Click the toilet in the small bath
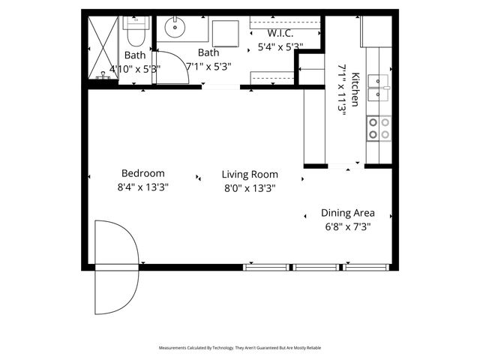pyautogui.click(x=136, y=32)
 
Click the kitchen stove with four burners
pyautogui.click(x=378, y=127)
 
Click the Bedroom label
pyautogui.click(x=142, y=173)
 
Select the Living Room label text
pyautogui.click(x=250, y=175)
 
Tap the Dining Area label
pyautogui.click(x=348, y=212)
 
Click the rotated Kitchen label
pyautogui.click(x=355, y=89)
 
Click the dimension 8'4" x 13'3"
pyautogui.click(x=142, y=188)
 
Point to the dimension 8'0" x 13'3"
pyautogui.click(x=250, y=189)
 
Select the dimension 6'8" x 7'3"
pyautogui.click(x=348, y=226)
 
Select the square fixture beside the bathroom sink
pyautogui.click(x=224, y=33)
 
